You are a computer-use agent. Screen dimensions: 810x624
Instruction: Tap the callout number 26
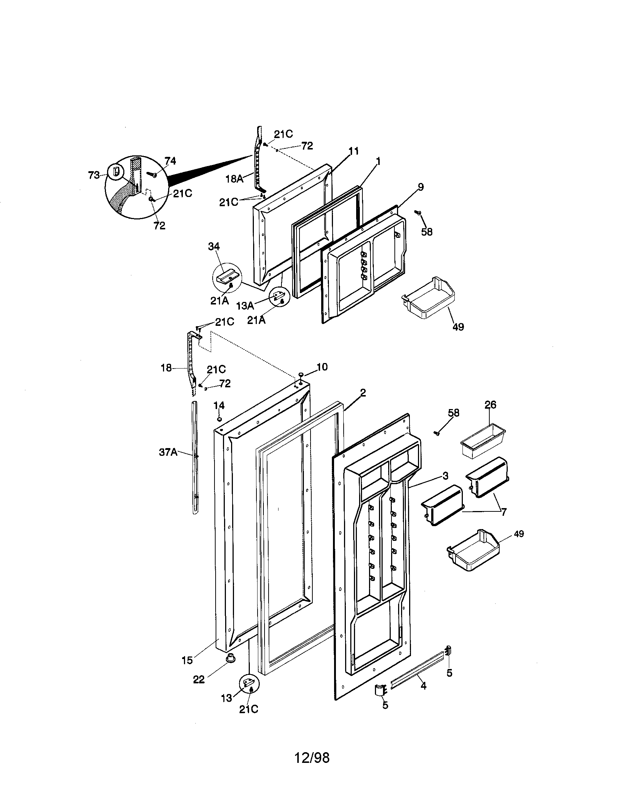coord(490,405)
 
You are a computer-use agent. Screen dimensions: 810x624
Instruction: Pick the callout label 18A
coord(235,179)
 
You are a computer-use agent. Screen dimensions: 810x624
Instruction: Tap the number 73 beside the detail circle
coord(95,175)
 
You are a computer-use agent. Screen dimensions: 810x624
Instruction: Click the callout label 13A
coord(245,306)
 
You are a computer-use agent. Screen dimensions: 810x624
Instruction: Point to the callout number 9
coord(421,187)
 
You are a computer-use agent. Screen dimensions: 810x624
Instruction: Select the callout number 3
coord(446,475)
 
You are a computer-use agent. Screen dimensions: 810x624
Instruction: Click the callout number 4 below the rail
coord(423,686)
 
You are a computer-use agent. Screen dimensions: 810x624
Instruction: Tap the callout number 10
coord(322,367)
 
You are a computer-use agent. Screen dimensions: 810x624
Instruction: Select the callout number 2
coord(363,393)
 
